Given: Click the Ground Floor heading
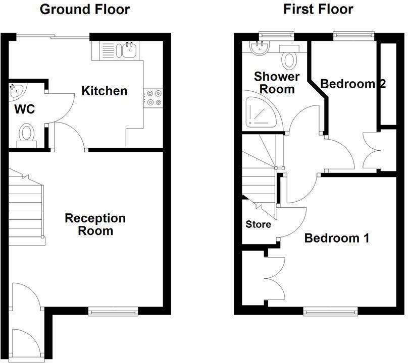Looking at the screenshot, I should coord(84,9).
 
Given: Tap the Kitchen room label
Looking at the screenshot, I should coord(105,91).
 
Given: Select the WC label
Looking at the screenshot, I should coord(24,109).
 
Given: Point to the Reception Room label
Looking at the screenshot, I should coord(95,225).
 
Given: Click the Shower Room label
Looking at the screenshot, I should coord(277,83).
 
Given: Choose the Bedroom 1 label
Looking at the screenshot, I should coord(337,238).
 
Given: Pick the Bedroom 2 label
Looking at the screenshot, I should coord(353,84).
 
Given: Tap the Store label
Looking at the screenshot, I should coord(258,224).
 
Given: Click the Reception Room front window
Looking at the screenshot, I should coord(113,310).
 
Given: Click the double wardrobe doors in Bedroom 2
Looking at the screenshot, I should coord(373,150).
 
